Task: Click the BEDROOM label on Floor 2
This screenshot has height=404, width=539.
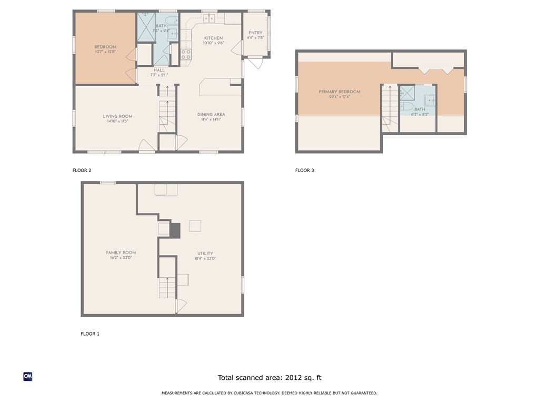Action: [x=105, y=47]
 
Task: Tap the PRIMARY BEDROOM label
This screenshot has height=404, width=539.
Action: [x=340, y=92]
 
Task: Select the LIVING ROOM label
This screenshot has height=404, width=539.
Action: [x=117, y=117]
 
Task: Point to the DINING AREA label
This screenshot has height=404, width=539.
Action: [x=211, y=115]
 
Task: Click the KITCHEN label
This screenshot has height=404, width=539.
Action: [x=213, y=38]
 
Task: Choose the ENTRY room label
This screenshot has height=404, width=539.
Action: [x=255, y=33]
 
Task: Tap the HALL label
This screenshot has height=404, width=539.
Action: [x=159, y=70]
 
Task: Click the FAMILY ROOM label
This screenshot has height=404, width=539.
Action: [x=121, y=253]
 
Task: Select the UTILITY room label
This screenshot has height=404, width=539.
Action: [x=205, y=254]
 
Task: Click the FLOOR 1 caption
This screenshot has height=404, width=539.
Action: [x=89, y=334]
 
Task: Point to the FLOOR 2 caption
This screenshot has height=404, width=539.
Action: [x=82, y=170]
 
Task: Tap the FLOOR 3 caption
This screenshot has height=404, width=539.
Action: [x=304, y=170]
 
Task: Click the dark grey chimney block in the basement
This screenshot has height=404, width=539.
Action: [x=175, y=230]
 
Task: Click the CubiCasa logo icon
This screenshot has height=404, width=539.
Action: [x=28, y=377]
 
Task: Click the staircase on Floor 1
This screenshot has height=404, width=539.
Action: [x=167, y=288]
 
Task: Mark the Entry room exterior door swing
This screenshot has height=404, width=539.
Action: [x=255, y=62]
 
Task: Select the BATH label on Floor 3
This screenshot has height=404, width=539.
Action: [x=420, y=109]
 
